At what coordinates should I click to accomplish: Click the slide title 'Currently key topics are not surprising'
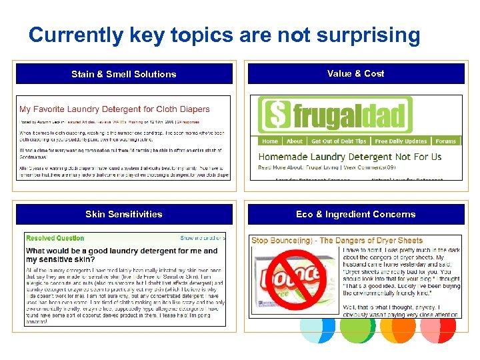pyautogui.click(x=224, y=35)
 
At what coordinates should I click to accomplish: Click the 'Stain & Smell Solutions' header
pyautogui.click(x=124, y=74)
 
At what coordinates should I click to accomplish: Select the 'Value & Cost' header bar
pyautogui.click(x=355, y=73)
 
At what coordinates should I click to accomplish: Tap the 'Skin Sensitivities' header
pyautogui.click(x=124, y=214)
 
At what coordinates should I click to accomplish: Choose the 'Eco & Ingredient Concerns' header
pyautogui.click(x=355, y=214)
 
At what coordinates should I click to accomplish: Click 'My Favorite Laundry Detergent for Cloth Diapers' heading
pyautogui.click(x=115, y=109)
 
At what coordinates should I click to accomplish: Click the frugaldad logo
pyautogui.click(x=335, y=115)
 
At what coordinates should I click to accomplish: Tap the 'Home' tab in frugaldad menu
pyautogui.click(x=270, y=141)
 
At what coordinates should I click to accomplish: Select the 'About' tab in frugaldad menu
pyautogui.click(x=295, y=141)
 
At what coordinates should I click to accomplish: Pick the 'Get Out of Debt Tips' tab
pyautogui.click(x=339, y=141)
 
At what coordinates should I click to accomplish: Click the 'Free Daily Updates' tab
pyautogui.click(x=401, y=141)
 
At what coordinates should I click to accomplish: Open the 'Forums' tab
pyautogui.click(x=445, y=141)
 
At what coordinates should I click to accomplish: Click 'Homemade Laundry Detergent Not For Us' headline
pyautogui.click(x=350, y=157)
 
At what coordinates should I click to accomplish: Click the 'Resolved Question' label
pyautogui.click(x=55, y=238)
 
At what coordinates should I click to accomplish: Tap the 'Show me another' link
pyautogui.click(x=201, y=238)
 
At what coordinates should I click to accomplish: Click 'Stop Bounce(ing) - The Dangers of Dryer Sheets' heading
pyautogui.click(x=337, y=240)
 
